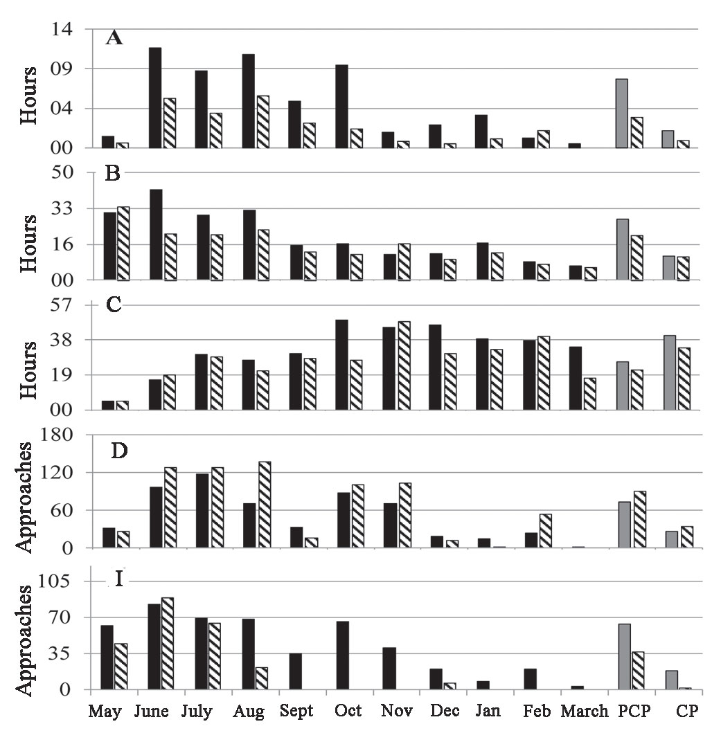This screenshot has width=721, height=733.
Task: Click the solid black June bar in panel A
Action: point(154,98)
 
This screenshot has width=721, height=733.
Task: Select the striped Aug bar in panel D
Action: point(264,505)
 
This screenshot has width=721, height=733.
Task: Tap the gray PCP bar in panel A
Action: point(621,114)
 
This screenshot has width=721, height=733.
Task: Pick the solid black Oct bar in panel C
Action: point(341,365)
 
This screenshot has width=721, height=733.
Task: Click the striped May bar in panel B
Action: point(123,243)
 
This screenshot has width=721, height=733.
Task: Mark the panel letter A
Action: point(114,38)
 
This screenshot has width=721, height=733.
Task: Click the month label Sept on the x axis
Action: point(296,712)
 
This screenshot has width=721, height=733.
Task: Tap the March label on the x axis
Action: point(584,712)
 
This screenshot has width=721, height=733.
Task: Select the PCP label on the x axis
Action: point(632,712)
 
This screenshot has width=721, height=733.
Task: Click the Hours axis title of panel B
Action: point(29,242)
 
